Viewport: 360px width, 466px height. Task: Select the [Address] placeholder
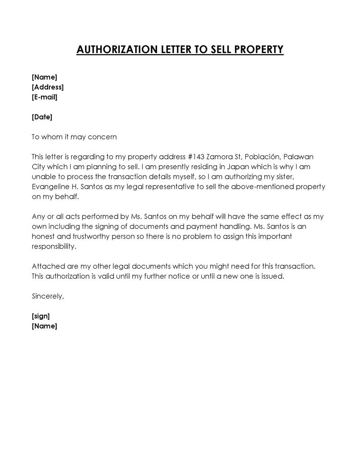point(48,87)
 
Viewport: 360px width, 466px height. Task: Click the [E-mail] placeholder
point(45,97)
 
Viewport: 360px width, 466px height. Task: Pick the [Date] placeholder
point(42,117)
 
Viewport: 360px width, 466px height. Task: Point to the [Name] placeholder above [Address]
point(45,77)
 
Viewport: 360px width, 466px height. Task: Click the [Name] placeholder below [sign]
point(45,326)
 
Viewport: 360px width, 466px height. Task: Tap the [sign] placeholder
point(41,316)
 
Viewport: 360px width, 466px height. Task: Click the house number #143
point(195,157)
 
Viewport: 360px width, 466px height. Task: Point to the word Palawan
point(299,157)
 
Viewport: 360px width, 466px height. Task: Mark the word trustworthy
point(85,236)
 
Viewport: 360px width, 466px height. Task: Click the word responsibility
point(54,246)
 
